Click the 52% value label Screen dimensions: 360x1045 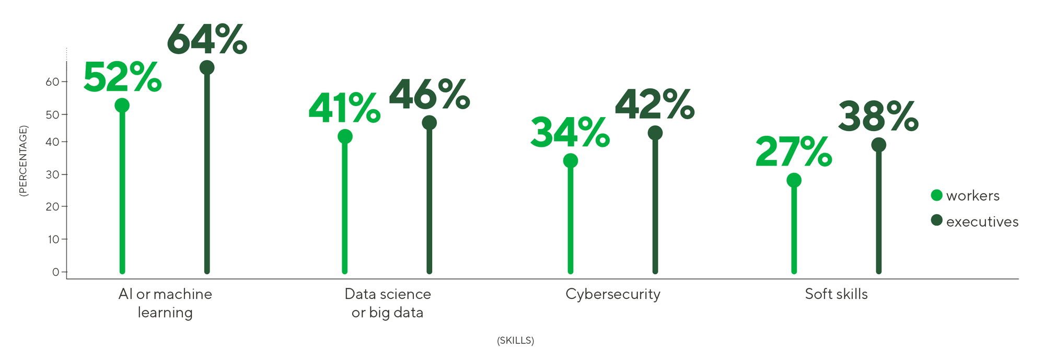pyautogui.click(x=122, y=77)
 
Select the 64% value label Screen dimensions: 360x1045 pyautogui.click(x=207, y=39)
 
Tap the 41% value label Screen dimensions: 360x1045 pyautogui.click(x=344, y=108)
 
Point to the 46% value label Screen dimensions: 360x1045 pyautogui.click(x=429, y=95)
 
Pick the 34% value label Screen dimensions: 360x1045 pyautogui.click(x=570, y=133)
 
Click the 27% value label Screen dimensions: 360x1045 pyautogui.click(x=794, y=152)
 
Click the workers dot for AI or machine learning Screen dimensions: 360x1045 pyautogui.click(x=122, y=106)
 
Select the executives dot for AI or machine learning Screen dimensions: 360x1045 pyautogui.click(x=207, y=67)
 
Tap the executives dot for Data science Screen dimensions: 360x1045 pyautogui.click(x=429, y=123)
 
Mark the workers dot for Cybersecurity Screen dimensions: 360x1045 pyautogui.click(x=571, y=160)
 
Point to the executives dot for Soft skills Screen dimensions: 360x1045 pyautogui.click(x=879, y=145)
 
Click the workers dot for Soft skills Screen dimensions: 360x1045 pyautogui.click(x=794, y=180)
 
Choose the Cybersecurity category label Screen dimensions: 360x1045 pyautogui.click(x=613, y=294)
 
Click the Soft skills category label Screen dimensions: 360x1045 pyautogui.click(x=836, y=294)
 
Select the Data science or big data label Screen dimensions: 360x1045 pyautogui.click(x=388, y=303)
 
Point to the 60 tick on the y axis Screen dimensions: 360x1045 pyautogui.click(x=52, y=82)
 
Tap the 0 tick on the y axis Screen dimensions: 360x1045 pyautogui.click(x=55, y=272)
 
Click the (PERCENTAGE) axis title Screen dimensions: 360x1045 pyautogui.click(x=24, y=161)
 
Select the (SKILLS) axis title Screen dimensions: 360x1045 pyautogui.click(x=515, y=341)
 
